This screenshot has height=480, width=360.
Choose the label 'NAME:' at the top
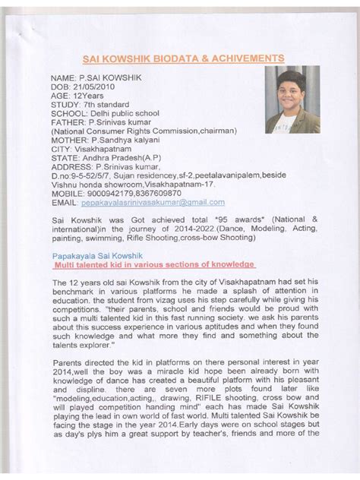coord(65,80)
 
